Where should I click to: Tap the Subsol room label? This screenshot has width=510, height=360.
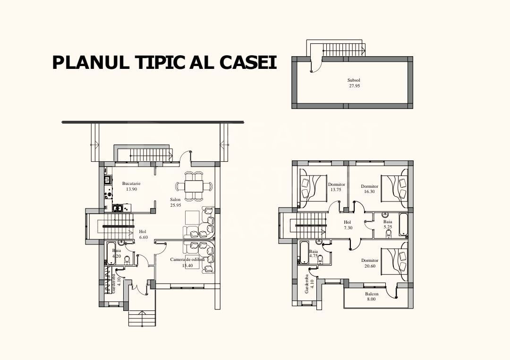pyautogui.click(x=354, y=80)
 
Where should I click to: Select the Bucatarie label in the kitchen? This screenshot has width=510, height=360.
pyautogui.click(x=131, y=183)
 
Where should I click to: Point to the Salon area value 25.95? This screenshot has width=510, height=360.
pyautogui.click(x=175, y=205)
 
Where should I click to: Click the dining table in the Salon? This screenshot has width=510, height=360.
pyautogui.click(x=194, y=185)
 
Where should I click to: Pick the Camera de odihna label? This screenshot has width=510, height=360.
pyautogui.click(x=187, y=260)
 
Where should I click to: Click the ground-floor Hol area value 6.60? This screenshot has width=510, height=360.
pyautogui.click(x=144, y=237)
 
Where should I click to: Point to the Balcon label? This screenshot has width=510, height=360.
pyautogui.click(x=372, y=293)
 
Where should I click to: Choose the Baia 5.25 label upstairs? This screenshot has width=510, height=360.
pyautogui.click(x=388, y=221)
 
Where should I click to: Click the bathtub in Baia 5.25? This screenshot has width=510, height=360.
pyautogui.click(x=403, y=225)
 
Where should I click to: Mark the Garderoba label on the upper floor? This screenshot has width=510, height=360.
pyautogui.click(x=307, y=284)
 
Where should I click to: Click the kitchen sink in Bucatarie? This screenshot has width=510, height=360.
pyautogui.click(x=118, y=207)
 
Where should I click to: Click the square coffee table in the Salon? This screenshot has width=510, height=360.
pyautogui.click(x=192, y=217)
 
